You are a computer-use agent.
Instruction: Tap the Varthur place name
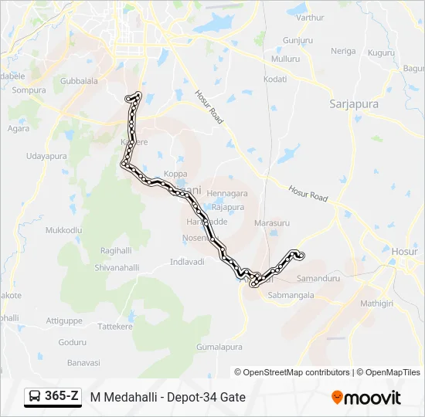click(310, 17)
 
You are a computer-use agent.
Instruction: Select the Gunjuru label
click(297, 39)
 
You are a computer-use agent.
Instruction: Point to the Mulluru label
click(285, 59)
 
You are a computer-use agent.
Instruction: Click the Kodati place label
click(275, 79)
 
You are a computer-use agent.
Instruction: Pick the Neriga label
click(343, 52)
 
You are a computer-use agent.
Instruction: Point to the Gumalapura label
click(219, 347)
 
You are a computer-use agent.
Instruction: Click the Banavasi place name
click(83, 362)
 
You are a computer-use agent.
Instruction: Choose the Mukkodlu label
click(63, 230)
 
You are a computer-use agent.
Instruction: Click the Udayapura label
click(46, 156)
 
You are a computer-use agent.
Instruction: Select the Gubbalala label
click(79, 80)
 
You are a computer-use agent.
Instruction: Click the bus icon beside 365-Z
click(35, 397)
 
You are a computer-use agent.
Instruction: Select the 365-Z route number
click(62, 396)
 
